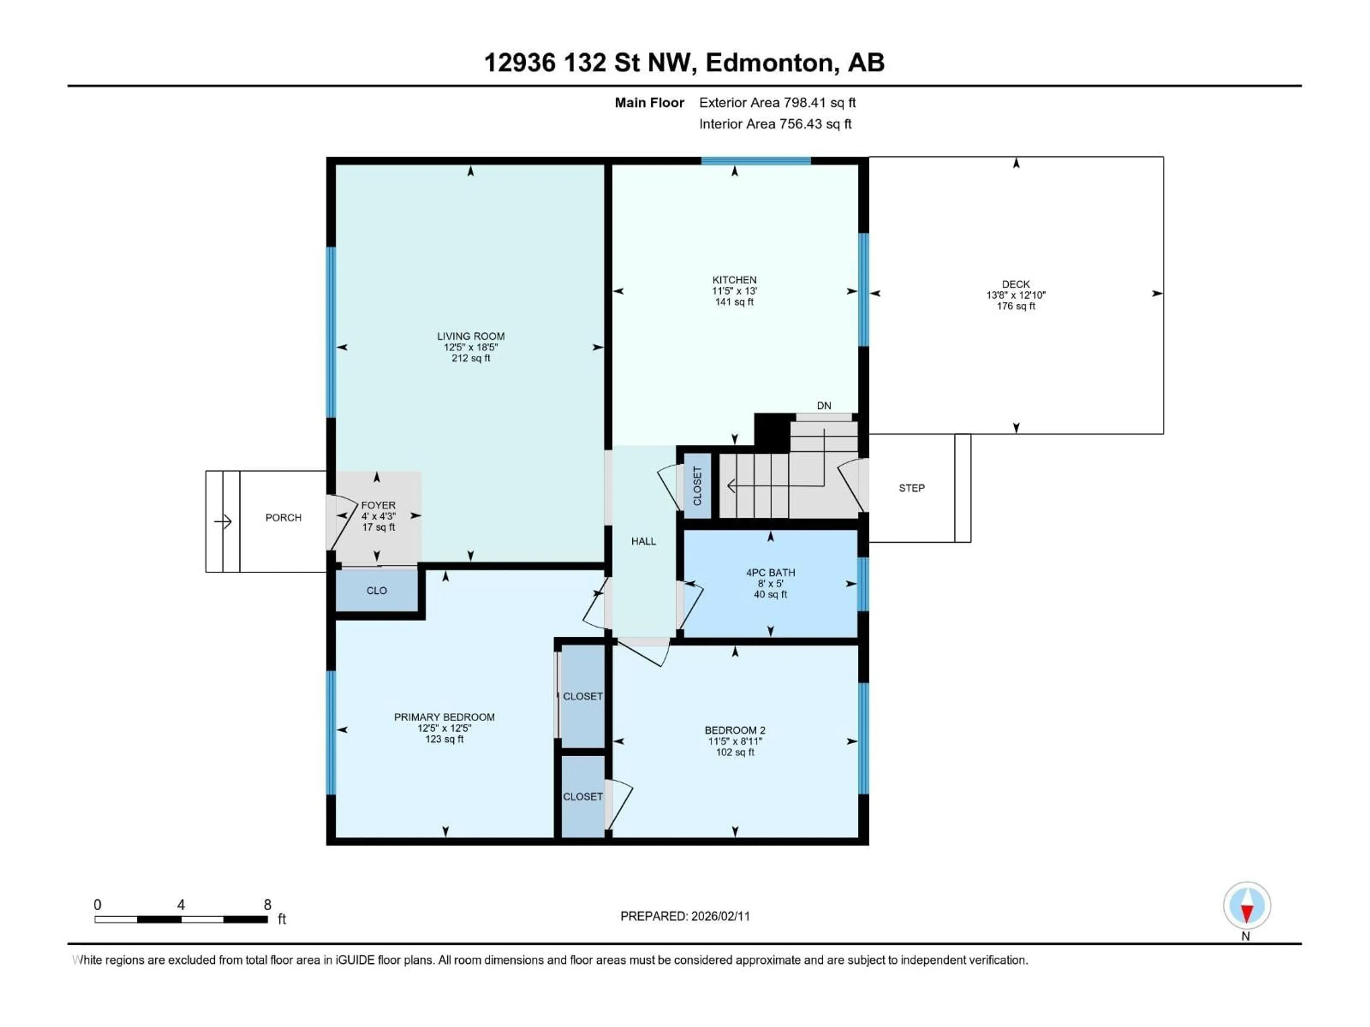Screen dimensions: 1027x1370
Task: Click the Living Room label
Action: pyautogui.click(x=471, y=336)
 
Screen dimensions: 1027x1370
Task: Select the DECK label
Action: pyautogui.click(x=1016, y=284)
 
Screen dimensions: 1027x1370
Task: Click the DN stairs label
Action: pyautogui.click(x=824, y=405)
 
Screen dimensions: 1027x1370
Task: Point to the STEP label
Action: pyautogui.click(x=912, y=488)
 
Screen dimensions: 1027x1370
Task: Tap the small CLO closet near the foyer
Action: pyautogui.click(x=376, y=591)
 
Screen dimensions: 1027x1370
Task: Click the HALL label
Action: pyautogui.click(x=644, y=541)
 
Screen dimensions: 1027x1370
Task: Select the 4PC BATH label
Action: pyautogui.click(x=771, y=573)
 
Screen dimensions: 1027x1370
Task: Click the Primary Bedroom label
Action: pyautogui.click(x=444, y=717)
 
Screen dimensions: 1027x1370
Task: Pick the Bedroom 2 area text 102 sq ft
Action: pyautogui.click(x=735, y=752)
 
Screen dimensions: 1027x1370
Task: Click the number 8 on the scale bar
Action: pyautogui.click(x=268, y=904)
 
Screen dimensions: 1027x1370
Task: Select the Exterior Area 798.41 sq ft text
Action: pyautogui.click(x=777, y=103)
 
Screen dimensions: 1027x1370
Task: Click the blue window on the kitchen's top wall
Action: pyautogui.click(x=756, y=161)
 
